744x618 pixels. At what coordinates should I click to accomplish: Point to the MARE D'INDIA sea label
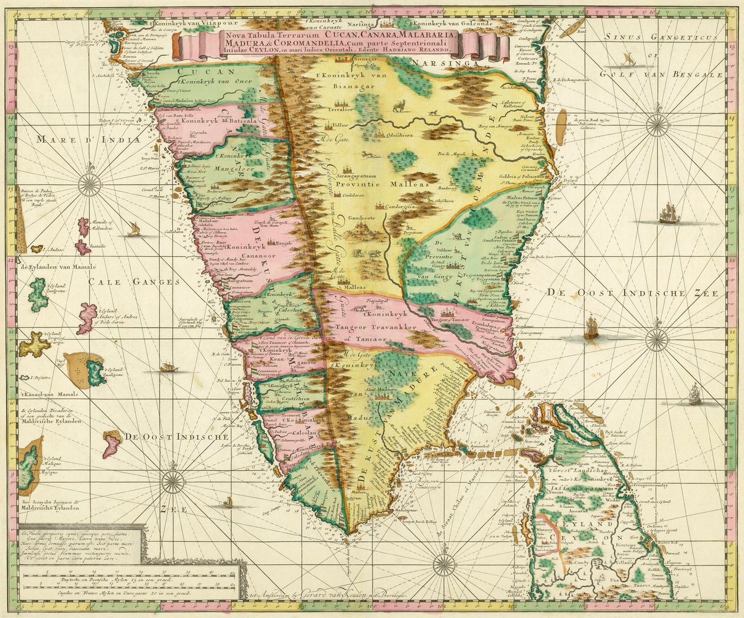pyautogui.click(x=87, y=140)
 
